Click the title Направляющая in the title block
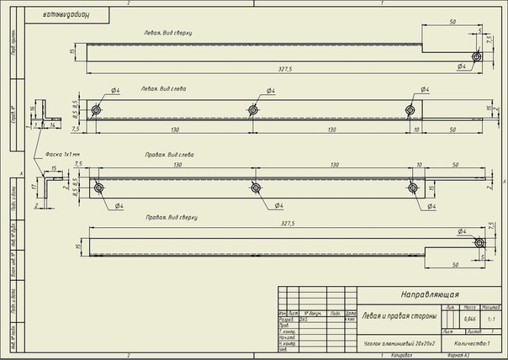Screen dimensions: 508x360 click(428, 294)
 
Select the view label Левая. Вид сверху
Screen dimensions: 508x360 click(167, 33)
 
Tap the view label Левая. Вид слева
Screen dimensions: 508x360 click(164, 87)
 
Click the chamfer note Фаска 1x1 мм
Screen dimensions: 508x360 click(62, 154)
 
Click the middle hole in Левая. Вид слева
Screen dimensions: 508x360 click(253, 109)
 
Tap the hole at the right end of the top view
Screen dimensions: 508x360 click(476, 56)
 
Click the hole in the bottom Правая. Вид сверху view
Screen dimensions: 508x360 click(479, 243)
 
